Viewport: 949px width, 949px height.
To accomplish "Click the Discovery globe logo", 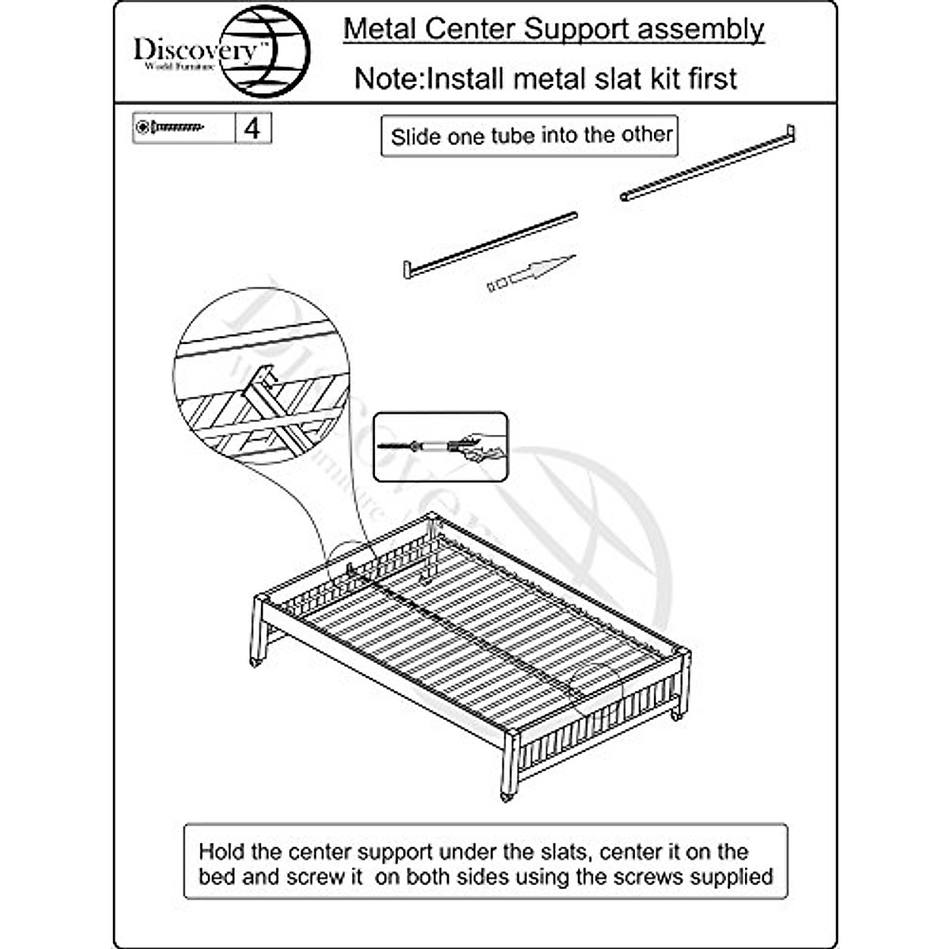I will point(265,51).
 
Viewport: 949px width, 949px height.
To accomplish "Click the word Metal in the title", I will point(380,29).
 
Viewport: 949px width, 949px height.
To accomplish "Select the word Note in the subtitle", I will point(386,78).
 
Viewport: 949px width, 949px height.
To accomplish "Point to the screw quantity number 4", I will point(252,128).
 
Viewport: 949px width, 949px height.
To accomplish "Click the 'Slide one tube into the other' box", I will point(530,136).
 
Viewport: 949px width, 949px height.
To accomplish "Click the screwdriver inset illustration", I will point(440,448).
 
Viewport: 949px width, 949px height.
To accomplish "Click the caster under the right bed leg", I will point(677,715).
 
